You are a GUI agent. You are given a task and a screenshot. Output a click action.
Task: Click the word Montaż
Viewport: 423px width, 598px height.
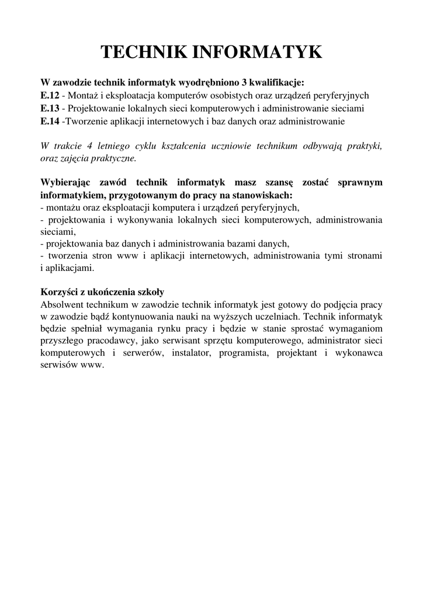(x=84, y=95)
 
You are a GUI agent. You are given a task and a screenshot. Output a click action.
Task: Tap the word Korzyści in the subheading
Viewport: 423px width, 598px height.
(x=59, y=292)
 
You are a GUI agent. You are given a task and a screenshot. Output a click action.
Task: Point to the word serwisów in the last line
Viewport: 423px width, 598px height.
(x=60, y=366)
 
